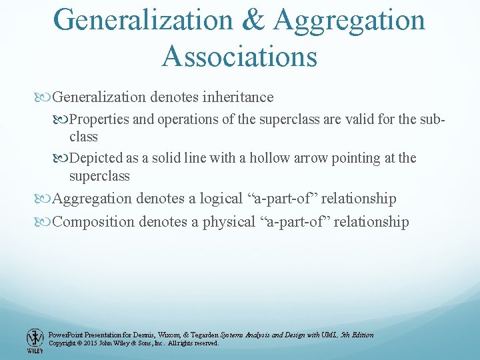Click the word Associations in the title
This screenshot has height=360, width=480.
pos(239,56)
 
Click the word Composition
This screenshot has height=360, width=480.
pos(93,222)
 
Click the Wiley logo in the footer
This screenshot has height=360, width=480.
pos(35,339)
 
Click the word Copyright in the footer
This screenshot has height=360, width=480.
pos(63,343)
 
